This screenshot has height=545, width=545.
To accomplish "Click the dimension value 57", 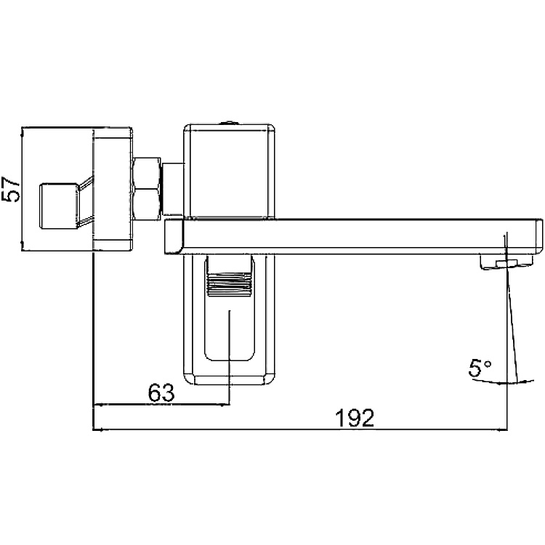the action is coord(10,189).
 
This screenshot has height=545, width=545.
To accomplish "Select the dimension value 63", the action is coord(161,393).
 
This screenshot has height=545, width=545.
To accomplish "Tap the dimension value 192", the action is coord(355,418).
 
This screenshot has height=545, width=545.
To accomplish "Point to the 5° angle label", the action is coord(480,368).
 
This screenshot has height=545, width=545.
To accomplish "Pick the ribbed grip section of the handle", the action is coord(229,284).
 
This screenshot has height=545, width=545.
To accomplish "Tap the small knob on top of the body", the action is coord(229,122).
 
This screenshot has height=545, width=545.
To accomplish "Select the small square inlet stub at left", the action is coord(58,206).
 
